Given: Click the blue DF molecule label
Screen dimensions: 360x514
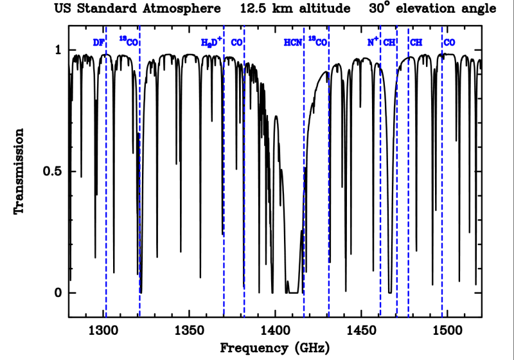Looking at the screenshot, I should [x=98, y=42].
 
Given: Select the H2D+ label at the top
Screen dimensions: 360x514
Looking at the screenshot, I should [x=211, y=42].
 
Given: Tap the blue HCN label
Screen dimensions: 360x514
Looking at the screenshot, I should [x=293, y=42].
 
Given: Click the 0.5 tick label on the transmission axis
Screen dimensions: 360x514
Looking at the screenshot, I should [x=50, y=172].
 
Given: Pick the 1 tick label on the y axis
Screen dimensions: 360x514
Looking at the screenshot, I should [x=57, y=50].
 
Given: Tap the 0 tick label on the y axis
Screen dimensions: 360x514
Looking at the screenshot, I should [x=57, y=293].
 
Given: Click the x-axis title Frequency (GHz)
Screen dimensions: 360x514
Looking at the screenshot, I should [x=275, y=348].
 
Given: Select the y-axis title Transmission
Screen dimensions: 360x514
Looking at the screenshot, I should [x=20, y=172].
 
